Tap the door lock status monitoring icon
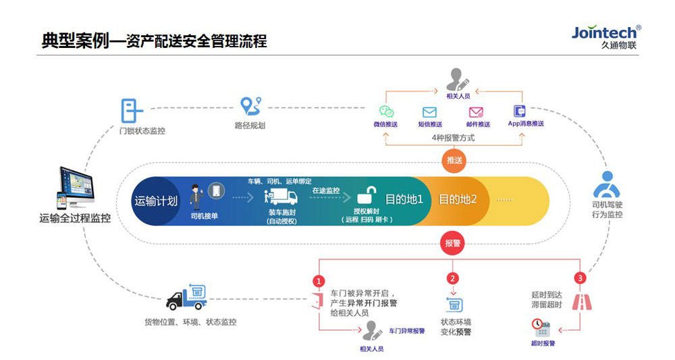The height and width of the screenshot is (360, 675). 131,109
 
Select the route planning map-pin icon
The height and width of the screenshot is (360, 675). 250,107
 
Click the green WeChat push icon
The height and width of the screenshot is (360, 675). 385,111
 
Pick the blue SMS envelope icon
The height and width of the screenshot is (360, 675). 429,112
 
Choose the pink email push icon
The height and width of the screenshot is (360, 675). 476,112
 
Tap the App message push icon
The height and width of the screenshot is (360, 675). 520,111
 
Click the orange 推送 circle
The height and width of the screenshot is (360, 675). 453,160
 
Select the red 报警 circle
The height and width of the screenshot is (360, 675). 453,242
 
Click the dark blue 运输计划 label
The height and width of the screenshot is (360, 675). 156,201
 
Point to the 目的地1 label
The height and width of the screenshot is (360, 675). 404,200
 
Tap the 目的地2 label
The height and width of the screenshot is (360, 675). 458,200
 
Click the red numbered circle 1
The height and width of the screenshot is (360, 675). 319,280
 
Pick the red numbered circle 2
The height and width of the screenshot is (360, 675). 453,278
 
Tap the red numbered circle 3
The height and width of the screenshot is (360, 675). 578,278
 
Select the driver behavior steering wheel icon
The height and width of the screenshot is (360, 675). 606,185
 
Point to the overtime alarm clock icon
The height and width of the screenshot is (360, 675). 542,328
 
